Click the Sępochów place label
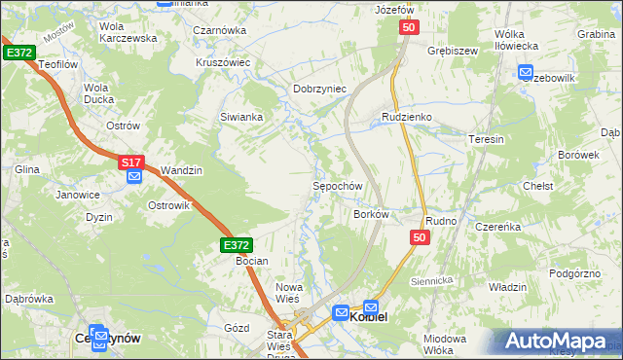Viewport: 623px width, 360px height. tap(337, 186)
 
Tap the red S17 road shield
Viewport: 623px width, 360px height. tap(132, 162)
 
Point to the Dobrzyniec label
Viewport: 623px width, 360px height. tap(320, 89)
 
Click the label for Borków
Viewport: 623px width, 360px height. tap(371, 213)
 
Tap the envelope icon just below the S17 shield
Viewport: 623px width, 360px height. tap(134, 176)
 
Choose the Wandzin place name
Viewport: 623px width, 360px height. tap(181, 170)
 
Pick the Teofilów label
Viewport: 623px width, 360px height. tap(56, 64)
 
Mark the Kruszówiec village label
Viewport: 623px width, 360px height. tap(224, 61)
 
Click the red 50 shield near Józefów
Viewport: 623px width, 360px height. tap(408, 30)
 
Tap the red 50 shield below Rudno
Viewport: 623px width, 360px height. tap(420, 237)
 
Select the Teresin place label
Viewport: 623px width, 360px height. tap(486, 139)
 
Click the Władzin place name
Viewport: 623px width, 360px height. tap(507, 287)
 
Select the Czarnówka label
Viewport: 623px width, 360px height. tap(219, 30)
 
